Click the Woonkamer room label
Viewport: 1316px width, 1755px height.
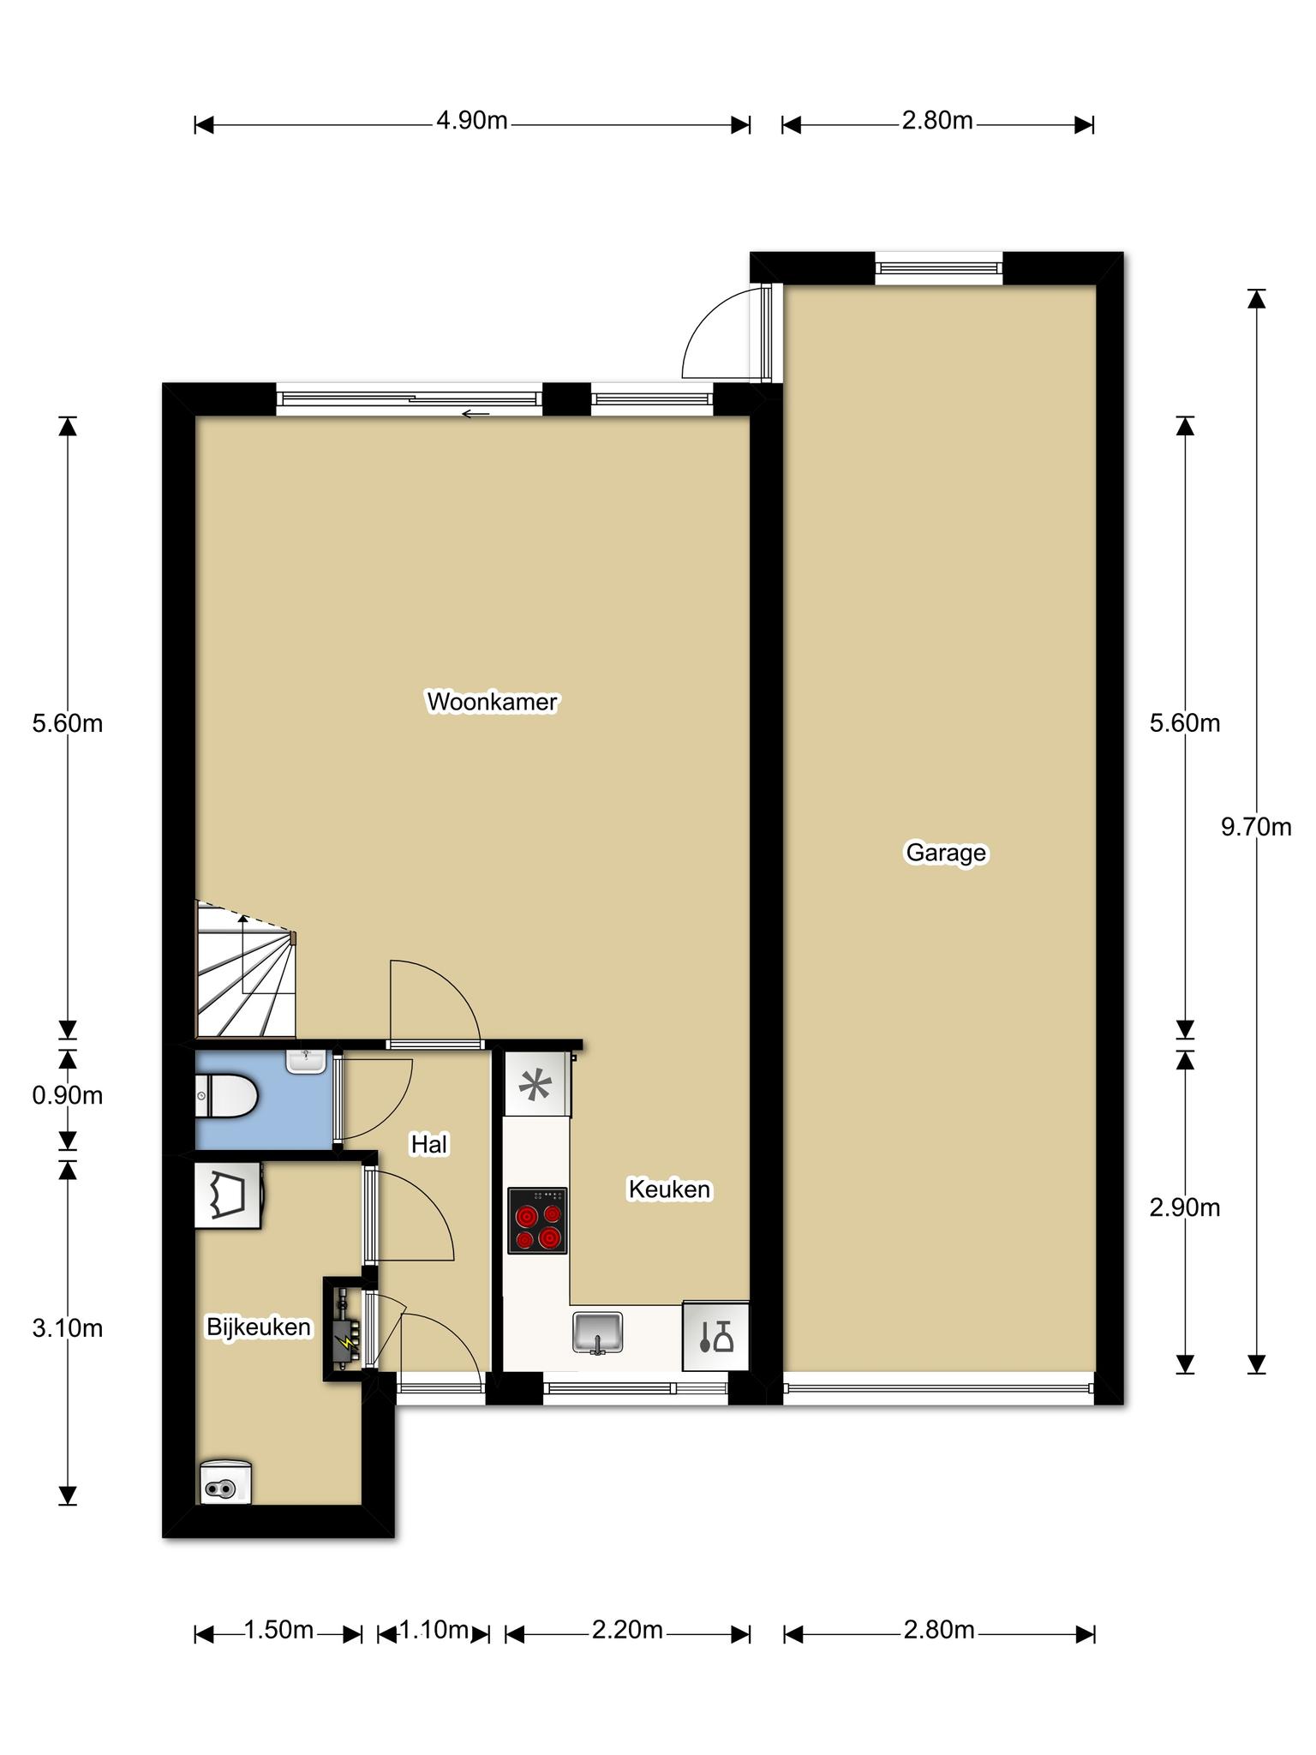click(492, 702)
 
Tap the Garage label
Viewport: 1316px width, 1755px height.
click(946, 853)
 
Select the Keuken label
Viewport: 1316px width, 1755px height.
click(669, 1189)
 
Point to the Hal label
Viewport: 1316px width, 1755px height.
click(429, 1145)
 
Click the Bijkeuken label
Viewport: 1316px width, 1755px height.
click(258, 1327)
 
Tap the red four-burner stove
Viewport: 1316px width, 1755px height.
click(537, 1220)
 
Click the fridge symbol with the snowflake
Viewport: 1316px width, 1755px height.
click(537, 1084)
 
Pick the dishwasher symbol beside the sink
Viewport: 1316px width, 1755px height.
click(715, 1336)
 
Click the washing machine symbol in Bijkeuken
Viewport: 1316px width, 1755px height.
click(227, 1195)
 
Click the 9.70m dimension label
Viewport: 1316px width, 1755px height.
click(1256, 827)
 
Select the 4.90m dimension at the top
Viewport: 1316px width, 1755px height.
click(472, 121)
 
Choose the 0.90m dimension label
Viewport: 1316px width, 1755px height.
click(68, 1095)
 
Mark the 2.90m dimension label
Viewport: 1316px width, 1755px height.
click(1185, 1207)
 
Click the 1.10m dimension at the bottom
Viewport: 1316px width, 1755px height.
click(434, 1629)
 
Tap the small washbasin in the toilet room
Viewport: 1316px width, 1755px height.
click(306, 1062)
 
